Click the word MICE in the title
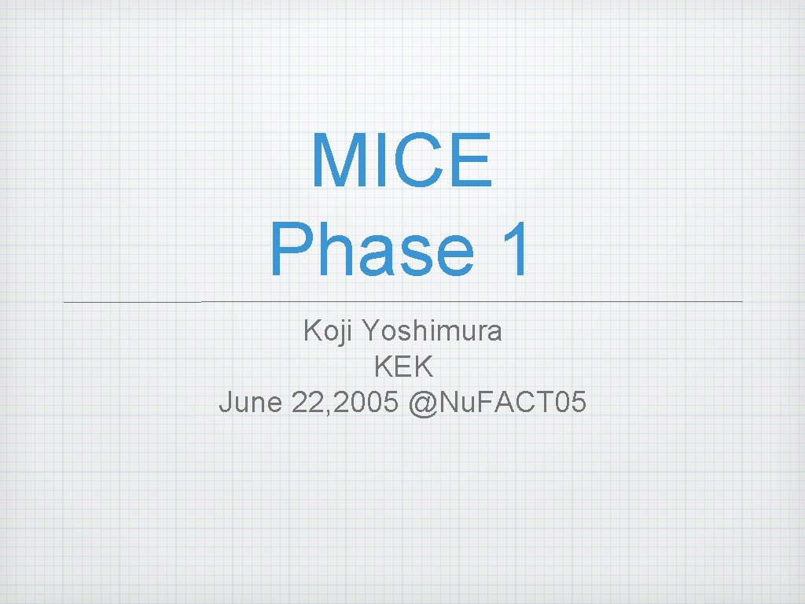pos(402,161)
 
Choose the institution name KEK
pos(403,367)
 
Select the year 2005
pos(366,403)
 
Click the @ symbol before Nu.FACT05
pos(421,403)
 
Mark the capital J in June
pos(226,403)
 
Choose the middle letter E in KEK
pos(403,367)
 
